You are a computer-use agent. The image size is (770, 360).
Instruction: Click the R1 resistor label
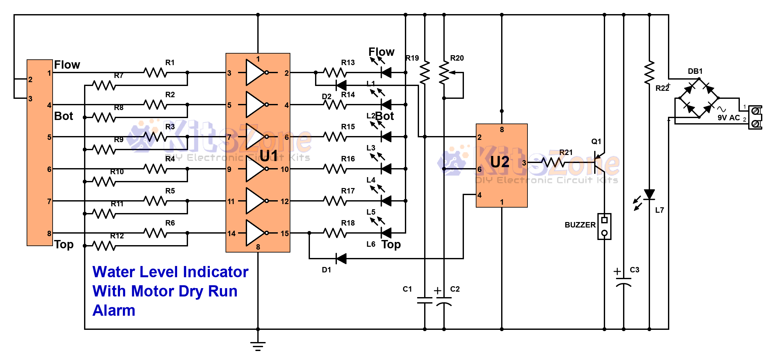[x=170, y=63]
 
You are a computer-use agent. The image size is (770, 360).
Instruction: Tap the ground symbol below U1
[x=258, y=346]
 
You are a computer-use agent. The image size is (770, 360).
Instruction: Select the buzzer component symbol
[x=604, y=226]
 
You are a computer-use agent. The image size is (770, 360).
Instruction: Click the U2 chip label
[x=500, y=162]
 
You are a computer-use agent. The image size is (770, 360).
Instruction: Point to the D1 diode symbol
[x=341, y=258]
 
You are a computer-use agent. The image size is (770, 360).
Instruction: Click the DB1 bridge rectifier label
[x=695, y=71]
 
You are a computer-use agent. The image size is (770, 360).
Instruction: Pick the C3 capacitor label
[x=634, y=270]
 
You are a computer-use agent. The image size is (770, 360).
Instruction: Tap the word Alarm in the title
[x=114, y=311]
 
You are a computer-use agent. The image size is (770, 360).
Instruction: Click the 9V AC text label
[x=729, y=118]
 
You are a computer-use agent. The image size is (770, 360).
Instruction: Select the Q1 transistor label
[x=596, y=141]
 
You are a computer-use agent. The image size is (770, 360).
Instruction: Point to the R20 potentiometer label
[x=457, y=58]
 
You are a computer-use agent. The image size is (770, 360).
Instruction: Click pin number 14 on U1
[x=231, y=234]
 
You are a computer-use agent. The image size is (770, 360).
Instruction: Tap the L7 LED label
[x=659, y=210]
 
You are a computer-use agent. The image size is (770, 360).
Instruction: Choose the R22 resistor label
[x=662, y=88]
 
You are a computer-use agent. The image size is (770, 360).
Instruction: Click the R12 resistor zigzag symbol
[x=104, y=246]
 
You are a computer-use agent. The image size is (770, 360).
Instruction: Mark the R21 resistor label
[x=566, y=152]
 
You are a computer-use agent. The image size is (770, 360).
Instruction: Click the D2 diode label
[x=326, y=97]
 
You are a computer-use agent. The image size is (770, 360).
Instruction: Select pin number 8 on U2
[x=502, y=130]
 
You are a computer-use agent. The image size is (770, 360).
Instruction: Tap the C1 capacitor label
[x=407, y=289]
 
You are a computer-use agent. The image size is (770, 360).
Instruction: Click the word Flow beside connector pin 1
[x=67, y=65]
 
